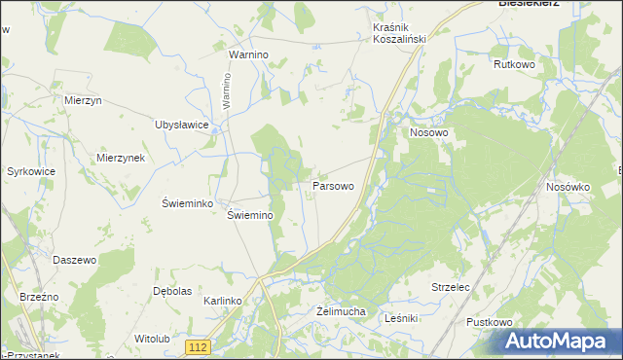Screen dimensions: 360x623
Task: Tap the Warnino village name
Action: pos(248,55)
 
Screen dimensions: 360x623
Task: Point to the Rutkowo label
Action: pos(515,64)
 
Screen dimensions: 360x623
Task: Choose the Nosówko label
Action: pos(568,187)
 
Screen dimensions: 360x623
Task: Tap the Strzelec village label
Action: pos(451,288)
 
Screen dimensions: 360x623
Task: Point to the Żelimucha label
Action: pos(341,311)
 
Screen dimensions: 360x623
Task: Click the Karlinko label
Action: pos(222,302)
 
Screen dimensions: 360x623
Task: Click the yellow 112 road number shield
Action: pos(199,347)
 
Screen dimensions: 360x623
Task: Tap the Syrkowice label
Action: pos(30,171)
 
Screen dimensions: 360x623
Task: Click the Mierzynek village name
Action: pos(121,158)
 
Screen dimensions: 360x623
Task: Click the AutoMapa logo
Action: pos(562,342)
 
